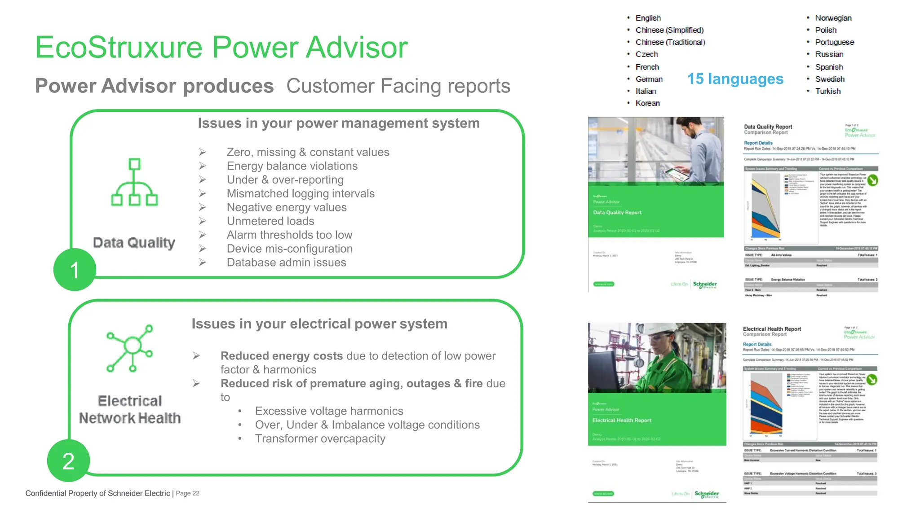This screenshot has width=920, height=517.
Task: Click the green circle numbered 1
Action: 75,270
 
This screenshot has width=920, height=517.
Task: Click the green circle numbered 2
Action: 68,460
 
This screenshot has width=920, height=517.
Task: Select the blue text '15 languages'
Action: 735,79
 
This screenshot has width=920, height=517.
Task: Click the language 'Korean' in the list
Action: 647,103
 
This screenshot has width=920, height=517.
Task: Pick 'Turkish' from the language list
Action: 827,91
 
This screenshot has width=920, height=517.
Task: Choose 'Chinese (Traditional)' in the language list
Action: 670,42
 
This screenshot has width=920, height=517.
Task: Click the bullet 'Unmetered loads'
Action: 270,221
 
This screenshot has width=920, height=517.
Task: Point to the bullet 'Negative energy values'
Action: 286,207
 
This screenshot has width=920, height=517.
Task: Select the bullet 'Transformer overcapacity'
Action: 320,438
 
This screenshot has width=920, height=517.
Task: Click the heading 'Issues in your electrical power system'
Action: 319,324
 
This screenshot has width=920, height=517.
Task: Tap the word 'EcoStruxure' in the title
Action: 119,47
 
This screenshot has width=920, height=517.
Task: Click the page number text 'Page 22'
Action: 187,493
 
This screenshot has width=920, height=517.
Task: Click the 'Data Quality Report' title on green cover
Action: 617,213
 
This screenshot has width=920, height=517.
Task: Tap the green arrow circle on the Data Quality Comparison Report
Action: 872,180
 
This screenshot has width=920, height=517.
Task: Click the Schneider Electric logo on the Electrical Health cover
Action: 706,494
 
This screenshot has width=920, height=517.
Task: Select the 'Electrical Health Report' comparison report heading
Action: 771,329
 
